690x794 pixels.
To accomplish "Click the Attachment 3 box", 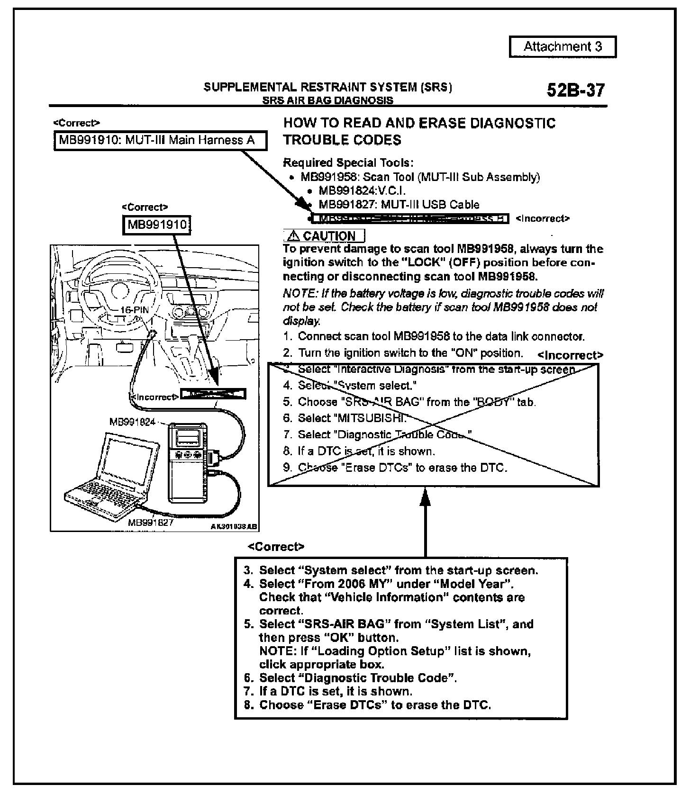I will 563,47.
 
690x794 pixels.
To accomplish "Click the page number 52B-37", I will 575,90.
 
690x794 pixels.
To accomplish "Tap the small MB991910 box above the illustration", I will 157,224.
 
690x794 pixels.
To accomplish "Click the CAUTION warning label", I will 324,236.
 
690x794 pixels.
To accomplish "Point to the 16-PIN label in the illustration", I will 134,309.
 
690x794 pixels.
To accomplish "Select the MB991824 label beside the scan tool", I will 132,422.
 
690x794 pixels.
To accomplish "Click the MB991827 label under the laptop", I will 151,523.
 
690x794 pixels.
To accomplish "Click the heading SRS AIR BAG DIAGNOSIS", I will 327,100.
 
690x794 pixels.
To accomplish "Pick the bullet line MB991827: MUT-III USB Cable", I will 399,205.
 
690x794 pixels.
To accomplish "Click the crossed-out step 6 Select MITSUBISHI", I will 352,418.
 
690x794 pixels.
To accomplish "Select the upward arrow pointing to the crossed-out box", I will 425,521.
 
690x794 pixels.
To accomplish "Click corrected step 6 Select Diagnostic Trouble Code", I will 358,678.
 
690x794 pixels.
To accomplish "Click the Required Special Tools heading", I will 348,163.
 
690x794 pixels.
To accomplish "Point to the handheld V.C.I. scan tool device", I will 188,462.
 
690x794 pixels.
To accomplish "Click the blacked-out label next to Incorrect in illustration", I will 214,394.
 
